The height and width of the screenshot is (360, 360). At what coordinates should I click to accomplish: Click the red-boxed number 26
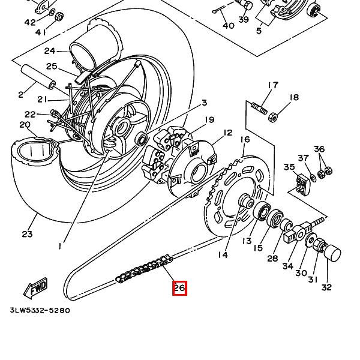pyautogui.click(x=179, y=288)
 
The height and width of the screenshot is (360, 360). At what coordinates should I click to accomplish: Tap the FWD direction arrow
pyautogui.click(x=35, y=289)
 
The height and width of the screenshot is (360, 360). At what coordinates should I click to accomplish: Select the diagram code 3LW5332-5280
pyautogui.click(x=40, y=310)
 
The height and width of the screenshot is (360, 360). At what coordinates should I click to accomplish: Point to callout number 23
pyautogui.click(x=27, y=234)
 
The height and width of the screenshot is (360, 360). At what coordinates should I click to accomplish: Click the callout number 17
pyautogui.click(x=273, y=85)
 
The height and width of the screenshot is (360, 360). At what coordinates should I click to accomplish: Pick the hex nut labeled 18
pyautogui.click(x=272, y=117)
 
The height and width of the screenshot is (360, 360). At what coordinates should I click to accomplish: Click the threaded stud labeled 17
pyautogui.click(x=259, y=108)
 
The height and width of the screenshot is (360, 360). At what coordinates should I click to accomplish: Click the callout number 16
pyautogui.click(x=245, y=139)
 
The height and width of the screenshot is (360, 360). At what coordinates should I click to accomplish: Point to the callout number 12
pyautogui.click(x=227, y=133)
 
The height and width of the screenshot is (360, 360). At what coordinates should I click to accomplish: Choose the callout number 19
pyautogui.click(x=209, y=119)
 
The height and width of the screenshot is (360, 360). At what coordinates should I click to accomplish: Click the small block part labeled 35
pyautogui.click(x=303, y=185)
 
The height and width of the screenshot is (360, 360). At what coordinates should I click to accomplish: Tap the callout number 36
pyautogui.click(x=319, y=149)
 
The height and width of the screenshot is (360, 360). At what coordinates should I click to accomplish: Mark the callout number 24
pyautogui.click(x=50, y=51)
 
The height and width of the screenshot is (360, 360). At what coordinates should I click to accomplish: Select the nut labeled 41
pyautogui.click(x=59, y=16)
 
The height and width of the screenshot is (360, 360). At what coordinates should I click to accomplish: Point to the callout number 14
pyautogui.click(x=223, y=255)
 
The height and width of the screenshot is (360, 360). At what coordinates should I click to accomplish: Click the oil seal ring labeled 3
pyautogui.click(x=141, y=139)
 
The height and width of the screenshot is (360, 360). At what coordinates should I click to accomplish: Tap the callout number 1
pyautogui.click(x=60, y=247)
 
